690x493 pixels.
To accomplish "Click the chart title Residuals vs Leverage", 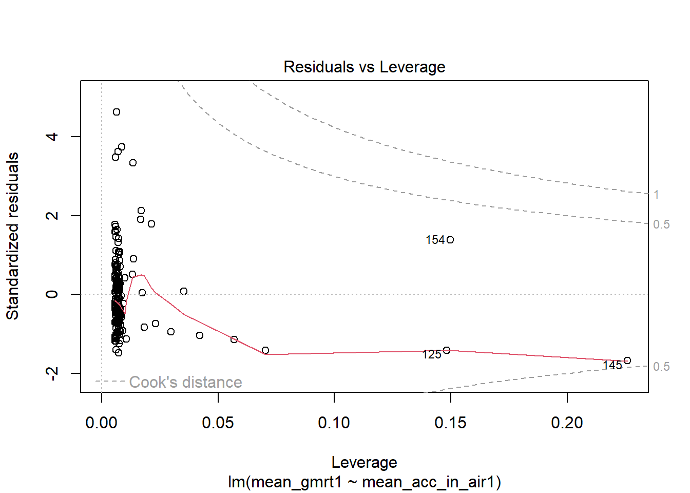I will tap(364, 67).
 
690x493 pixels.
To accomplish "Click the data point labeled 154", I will tap(450, 240).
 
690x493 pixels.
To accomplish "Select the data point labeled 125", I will tap(447, 350).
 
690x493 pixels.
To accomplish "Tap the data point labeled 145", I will tap(627, 361).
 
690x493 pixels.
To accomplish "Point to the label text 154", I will tap(435, 240).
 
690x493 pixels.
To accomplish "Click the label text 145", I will tap(612, 365).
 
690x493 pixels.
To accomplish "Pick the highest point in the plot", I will tap(117, 112).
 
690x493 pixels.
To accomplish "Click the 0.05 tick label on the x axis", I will tap(218, 423).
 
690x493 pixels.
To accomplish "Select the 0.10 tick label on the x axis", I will tap(334, 423).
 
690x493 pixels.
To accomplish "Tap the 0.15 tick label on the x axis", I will tap(451, 423).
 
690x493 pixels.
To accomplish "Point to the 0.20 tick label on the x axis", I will tap(567, 423).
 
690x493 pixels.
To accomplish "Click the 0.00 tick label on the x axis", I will tap(102, 423).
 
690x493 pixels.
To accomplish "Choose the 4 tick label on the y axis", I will tap(52, 137).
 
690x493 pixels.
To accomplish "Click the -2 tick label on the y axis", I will tap(52, 373).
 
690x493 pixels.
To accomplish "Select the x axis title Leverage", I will tap(364, 462).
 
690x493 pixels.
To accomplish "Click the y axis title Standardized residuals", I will tap(12, 236).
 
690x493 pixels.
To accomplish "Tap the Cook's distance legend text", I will tap(185, 382).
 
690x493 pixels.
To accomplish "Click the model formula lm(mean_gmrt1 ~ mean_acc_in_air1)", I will tap(364, 482).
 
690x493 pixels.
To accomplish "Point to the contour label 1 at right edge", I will tap(656, 195).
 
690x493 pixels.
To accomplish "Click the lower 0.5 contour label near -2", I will tap(661, 367).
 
